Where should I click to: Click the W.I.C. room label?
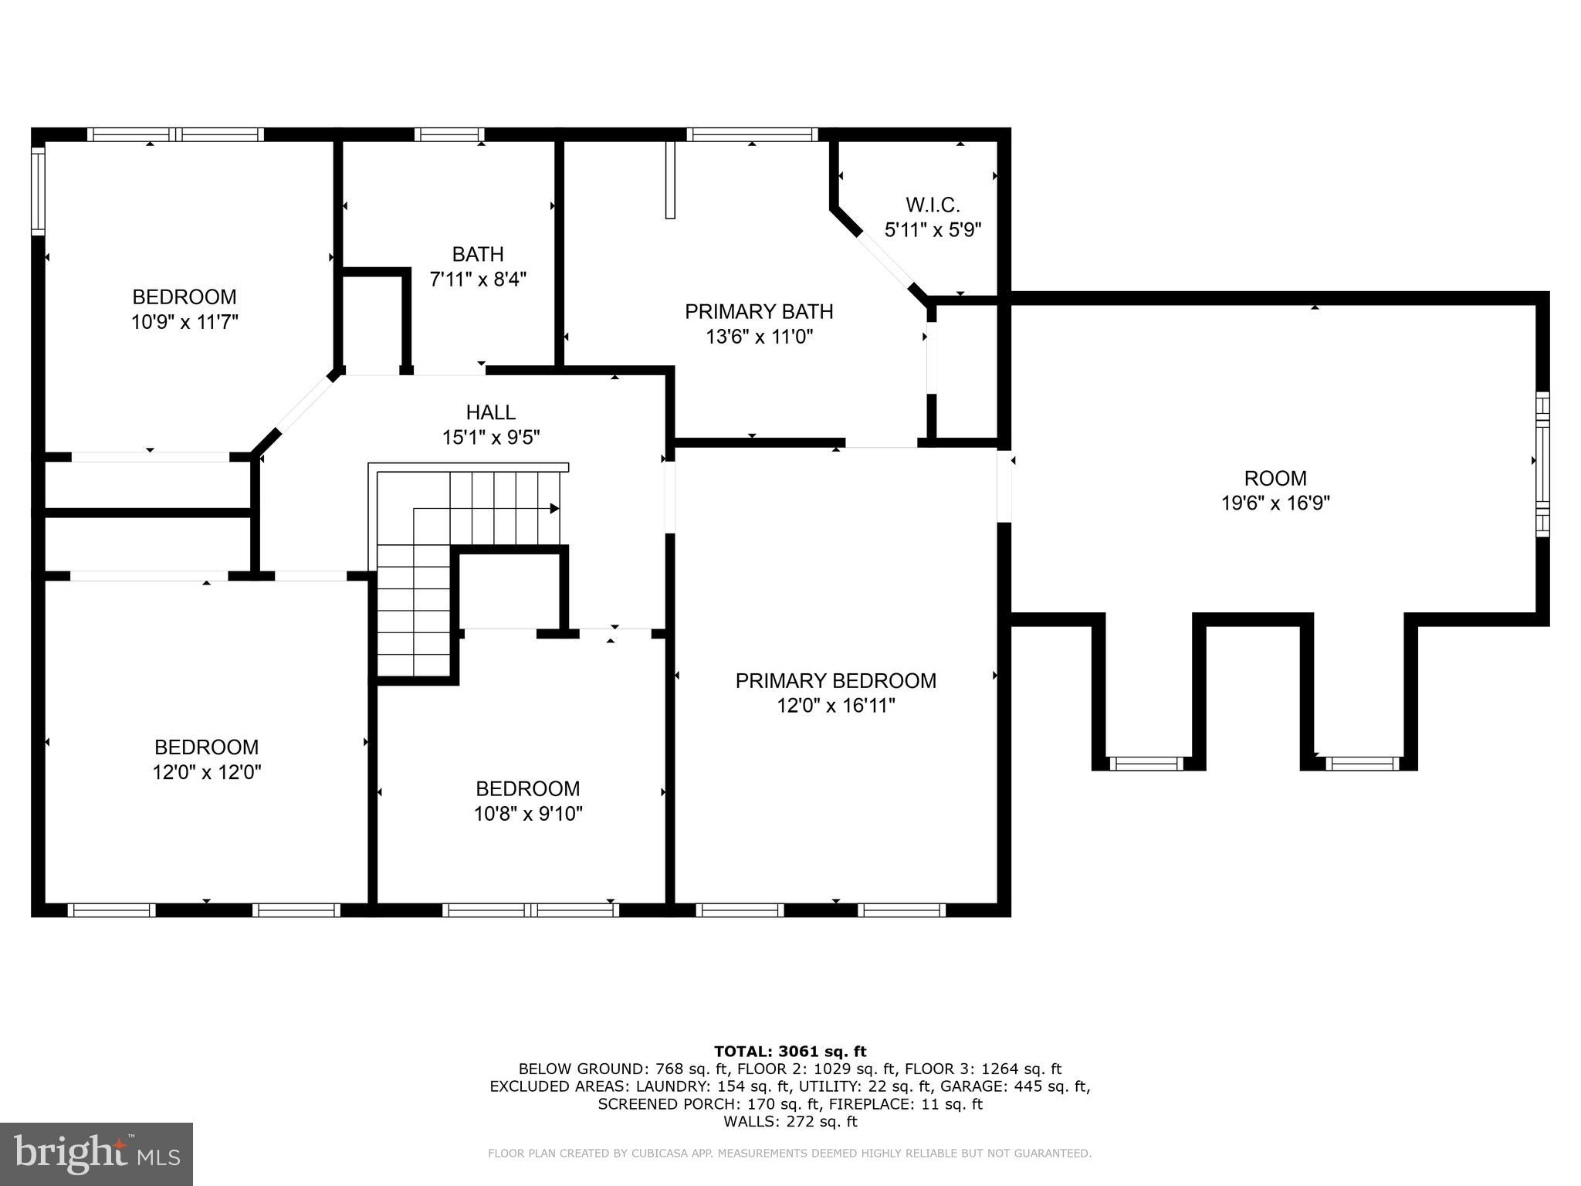tap(933, 205)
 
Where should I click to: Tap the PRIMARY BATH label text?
tap(759, 312)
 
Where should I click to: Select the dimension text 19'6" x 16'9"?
tap(1275, 503)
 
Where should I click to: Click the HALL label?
tap(490, 412)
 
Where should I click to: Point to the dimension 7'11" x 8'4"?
tap(478, 279)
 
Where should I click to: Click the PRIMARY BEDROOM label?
tap(835, 681)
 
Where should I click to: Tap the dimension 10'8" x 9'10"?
tap(528, 814)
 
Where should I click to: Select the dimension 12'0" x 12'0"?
tap(207, 772)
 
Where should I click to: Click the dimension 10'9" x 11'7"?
tap(185, 322)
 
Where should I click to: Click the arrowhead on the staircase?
tap(554, 509)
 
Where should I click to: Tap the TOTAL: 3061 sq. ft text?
tap(790, 1052)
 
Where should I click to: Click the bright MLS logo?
tap(96, 1154)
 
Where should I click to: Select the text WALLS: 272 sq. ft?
tap(790, 1122)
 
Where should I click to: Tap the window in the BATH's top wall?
tap(449, 134)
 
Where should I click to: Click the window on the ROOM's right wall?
tap(1542, 464)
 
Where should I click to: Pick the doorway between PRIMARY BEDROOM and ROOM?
tap(1004, 486)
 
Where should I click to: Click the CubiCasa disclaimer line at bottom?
tap(790, 1154)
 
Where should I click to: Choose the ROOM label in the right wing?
tap(1275, 479)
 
